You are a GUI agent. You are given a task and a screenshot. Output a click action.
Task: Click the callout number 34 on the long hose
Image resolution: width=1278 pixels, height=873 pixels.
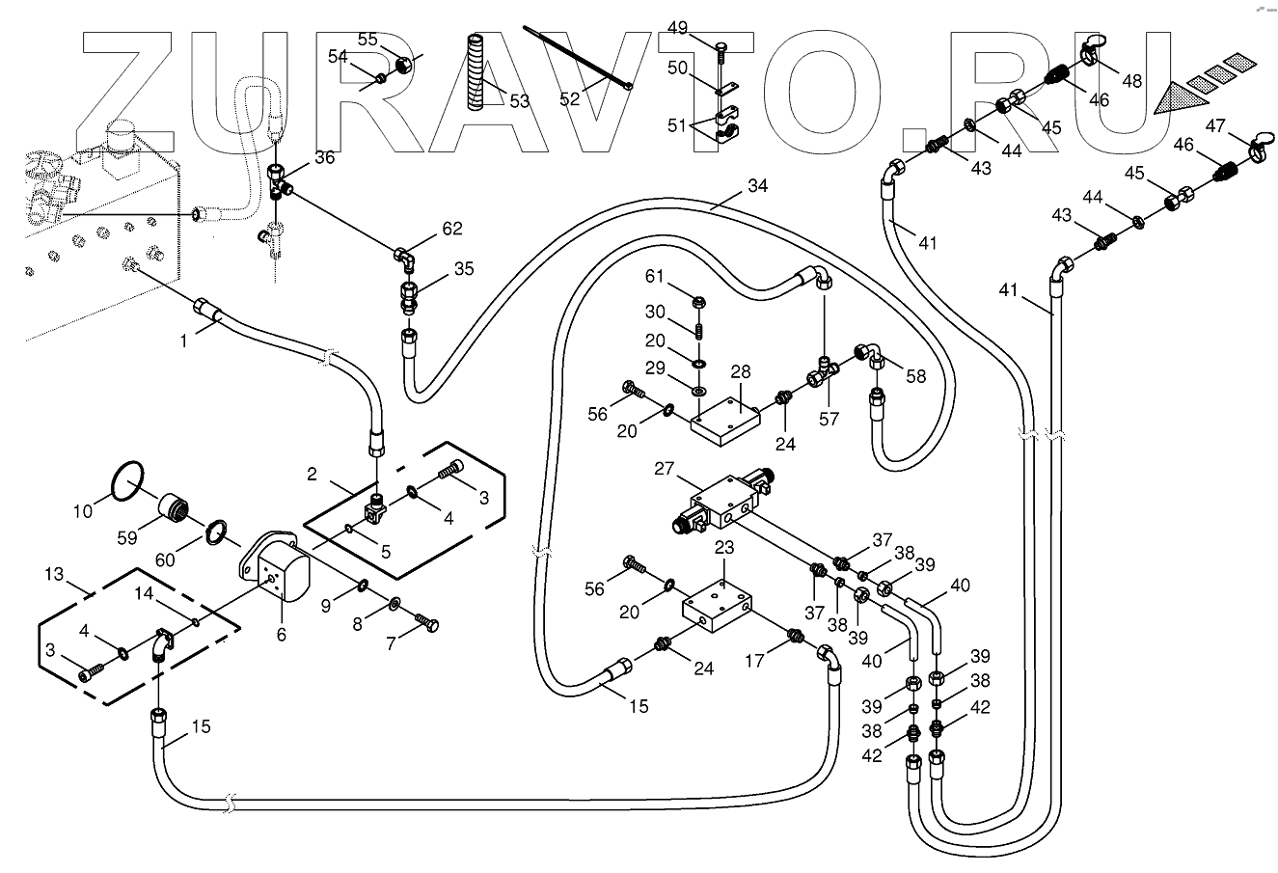coord(757,185)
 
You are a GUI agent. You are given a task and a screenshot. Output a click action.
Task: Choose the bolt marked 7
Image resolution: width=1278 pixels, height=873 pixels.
coord(426,623)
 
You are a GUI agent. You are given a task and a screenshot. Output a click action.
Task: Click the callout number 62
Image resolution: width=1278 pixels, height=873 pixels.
coord(452,229)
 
